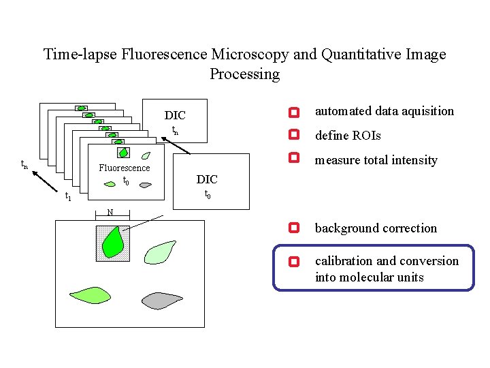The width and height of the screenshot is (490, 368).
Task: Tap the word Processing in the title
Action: pyautogui.click(x=244, y=74)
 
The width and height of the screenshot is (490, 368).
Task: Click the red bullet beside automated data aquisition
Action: pyautogui.click(x=293, y=112)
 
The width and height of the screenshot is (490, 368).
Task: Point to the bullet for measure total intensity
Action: pyautogui.click(x=293, y=158)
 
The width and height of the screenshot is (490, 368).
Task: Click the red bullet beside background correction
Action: pyautogui.click(x=293, y=228)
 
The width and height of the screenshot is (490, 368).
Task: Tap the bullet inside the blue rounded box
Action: pyautogui.click(x=293, y=261)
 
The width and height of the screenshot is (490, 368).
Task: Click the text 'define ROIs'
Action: pyautogui.click(x=348, y=136)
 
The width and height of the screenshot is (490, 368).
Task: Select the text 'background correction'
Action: pyautogui.click(x=376, y=228)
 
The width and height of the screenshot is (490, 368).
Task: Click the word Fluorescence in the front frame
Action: pyautogui.click(x=125, y=168)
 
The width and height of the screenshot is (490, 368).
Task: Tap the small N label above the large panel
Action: pyautogui.click(x=109, y=212)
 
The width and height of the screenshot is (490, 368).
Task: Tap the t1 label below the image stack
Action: pyautogui.click(x=67, y=198)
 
